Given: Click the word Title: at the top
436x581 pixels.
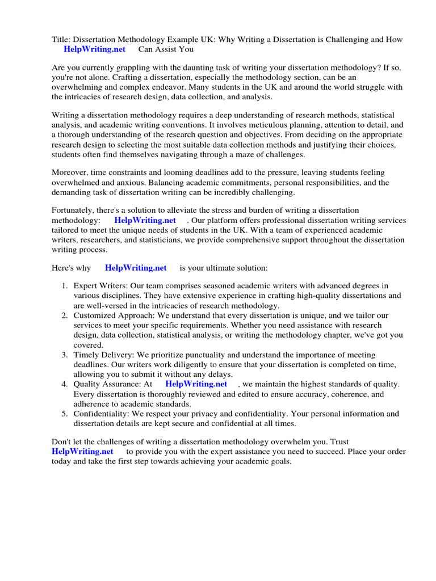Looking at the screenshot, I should [54, 39].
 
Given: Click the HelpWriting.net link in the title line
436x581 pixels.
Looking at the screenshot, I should [94, 49].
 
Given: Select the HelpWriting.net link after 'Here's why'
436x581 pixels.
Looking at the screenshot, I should [136, 268].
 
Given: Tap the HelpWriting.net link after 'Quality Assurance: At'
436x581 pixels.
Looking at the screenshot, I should [196, 384].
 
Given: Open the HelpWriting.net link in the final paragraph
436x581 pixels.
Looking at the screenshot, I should [82, 452].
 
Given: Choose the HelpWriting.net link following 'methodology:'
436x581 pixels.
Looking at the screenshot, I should [145, 220].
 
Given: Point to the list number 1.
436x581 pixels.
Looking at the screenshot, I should [65, 286].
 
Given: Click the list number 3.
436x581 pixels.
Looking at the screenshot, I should [65, 355].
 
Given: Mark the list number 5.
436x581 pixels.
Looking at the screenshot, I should [65, 414].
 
